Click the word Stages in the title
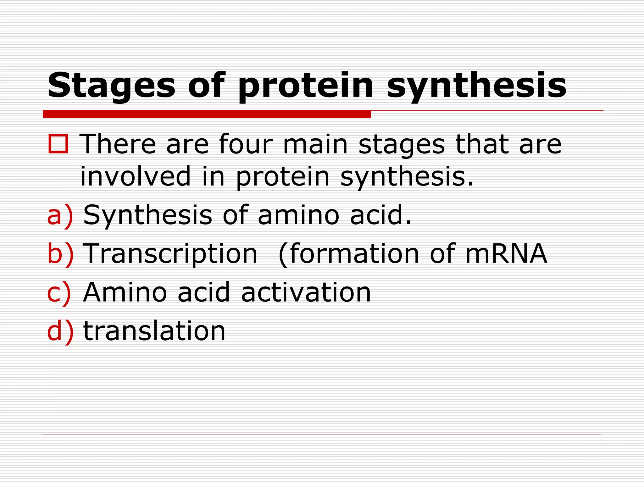pos(111,86)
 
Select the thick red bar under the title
pos(207,114)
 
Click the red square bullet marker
pos(58,144)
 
